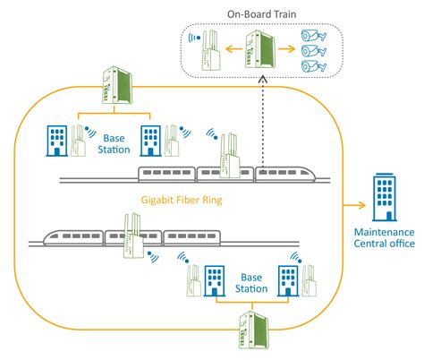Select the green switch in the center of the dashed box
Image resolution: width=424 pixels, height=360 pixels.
click(x=262, y=50)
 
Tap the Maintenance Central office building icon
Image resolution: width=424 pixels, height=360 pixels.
click(x=385, y=199)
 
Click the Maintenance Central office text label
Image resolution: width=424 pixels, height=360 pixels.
click(x=385, y=242)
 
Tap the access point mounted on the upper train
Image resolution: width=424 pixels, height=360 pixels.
click(x=228, y=157)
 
